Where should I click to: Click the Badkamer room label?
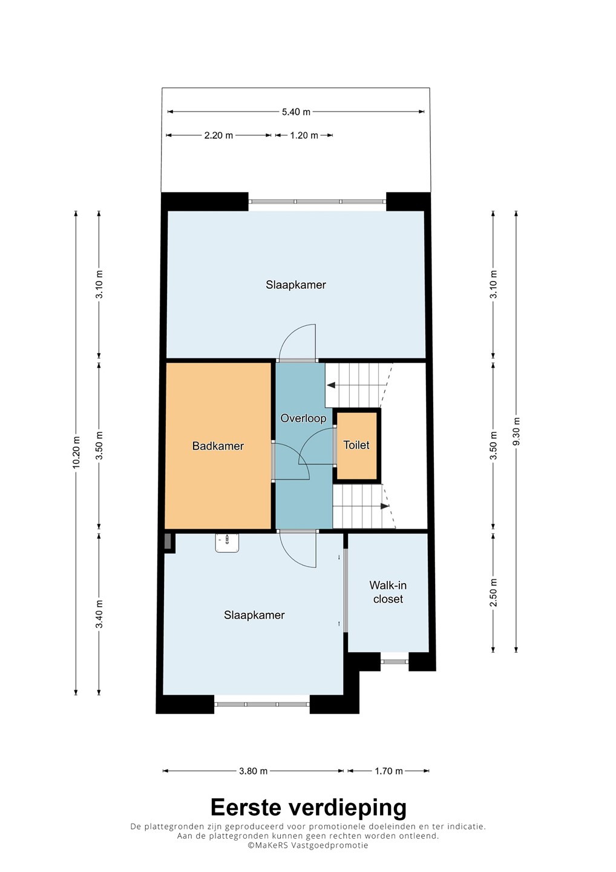(218, 446)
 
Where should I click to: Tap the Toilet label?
(356, 445)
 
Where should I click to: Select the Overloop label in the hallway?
(303, 418)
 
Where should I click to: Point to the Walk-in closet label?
(388, 592)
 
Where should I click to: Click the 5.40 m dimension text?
(296, 112)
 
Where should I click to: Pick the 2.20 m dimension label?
(218, 136)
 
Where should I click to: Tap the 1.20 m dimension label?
(304, 136)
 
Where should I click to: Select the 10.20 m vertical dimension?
(76, 452)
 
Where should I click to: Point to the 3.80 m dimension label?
(253, 771)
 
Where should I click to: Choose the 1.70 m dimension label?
(388, 771)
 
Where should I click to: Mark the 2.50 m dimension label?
(493, 592)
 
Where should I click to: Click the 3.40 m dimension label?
(99, 614)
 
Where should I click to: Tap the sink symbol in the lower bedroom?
(227, 543)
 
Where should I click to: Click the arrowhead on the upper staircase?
(331, 385)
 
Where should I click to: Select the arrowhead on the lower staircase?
(385, 506)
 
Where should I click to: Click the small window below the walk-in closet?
(395, 661)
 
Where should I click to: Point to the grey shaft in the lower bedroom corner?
(168, 542)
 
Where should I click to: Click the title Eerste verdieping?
(308, 808)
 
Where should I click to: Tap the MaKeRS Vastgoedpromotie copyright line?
(307, 845)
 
